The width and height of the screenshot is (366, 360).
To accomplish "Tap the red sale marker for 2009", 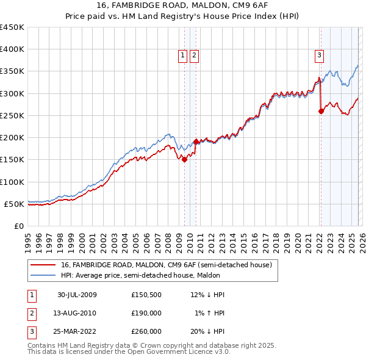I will (x=185, y=159).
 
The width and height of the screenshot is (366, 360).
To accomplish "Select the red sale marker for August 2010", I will (x=196, y=142).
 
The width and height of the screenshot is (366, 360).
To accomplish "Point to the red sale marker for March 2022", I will (x=321, y=111).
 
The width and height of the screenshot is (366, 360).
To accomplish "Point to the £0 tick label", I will (x=18, y=226).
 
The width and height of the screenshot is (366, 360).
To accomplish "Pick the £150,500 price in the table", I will (x=146, y=295).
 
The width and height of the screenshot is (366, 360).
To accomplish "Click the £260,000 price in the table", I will (x=146, y=331).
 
